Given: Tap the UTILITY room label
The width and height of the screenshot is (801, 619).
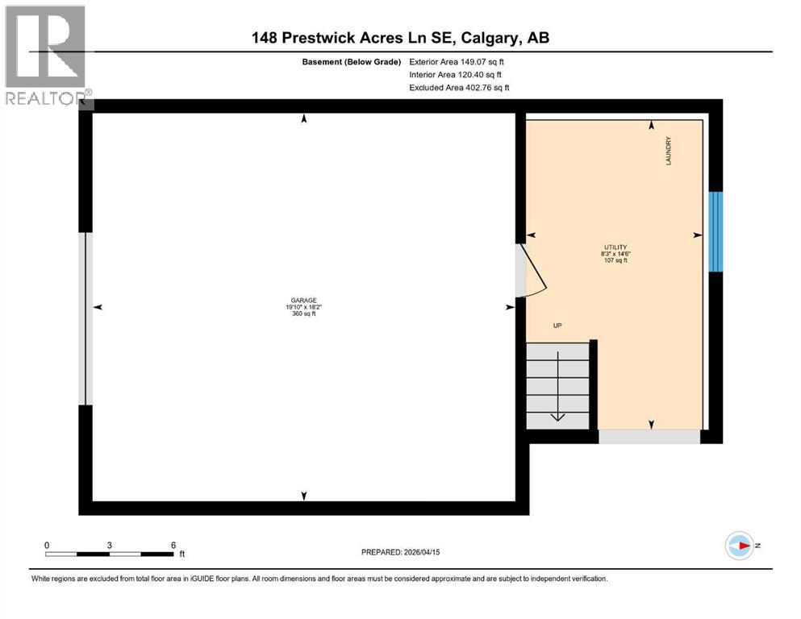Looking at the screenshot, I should point(615,247).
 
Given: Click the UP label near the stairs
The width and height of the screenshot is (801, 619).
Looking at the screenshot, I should point(557,326).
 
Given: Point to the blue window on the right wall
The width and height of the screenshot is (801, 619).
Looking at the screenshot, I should point(715,232).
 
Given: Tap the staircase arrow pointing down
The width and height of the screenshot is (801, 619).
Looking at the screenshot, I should point(557,415).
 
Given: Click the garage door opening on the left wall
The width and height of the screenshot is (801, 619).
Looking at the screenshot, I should point(85,318).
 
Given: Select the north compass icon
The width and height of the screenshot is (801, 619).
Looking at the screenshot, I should point(739,546).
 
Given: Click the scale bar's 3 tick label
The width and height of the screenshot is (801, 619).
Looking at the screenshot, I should point(109,545).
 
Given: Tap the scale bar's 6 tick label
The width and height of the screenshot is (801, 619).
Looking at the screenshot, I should point(173,545).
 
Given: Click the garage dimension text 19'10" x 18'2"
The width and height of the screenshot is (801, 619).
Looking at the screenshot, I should point(304,306).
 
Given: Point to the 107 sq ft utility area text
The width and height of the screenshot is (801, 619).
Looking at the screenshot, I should point(615,260).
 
